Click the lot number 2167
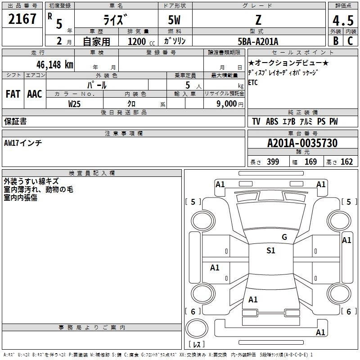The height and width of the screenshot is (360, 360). point(22,19)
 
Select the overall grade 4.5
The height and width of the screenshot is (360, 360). point(343,21)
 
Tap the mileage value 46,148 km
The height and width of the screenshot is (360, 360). point(54,64)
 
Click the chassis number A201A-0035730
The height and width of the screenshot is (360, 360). point(302,143)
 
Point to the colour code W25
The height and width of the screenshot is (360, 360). point(74,104)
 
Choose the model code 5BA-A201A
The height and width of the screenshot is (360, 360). point(258,41)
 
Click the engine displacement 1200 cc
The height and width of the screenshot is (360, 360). point(141,41)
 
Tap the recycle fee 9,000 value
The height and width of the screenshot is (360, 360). point(226,104)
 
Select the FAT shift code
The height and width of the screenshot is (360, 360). point(13,94)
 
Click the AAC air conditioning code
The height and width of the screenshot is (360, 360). point(35,94)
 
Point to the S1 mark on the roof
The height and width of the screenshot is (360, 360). point(271,251)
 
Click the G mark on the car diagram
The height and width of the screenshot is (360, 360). point(284,237)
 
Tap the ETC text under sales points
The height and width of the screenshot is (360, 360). point(253,82)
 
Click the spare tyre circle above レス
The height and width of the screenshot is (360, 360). point(197,328)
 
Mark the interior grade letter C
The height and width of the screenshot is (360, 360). point(350,41)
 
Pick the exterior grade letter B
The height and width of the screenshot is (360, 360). point(336,41)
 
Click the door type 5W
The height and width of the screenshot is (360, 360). point(174,20)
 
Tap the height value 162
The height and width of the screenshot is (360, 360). point(346,162)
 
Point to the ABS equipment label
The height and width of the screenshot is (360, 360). point(272,121)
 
